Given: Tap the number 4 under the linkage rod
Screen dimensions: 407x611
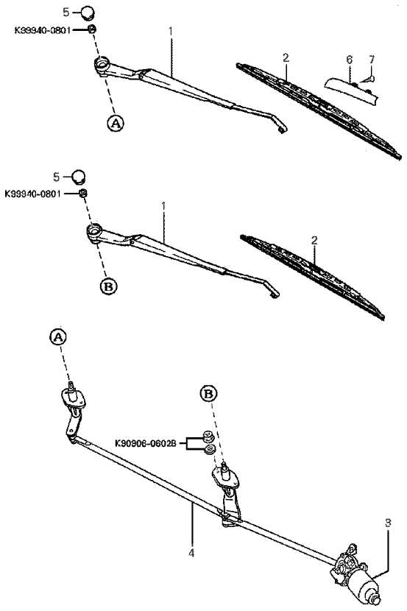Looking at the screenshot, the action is click(x=191, y=553).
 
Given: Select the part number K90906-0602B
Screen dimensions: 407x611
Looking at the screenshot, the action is click(x=146, y=443).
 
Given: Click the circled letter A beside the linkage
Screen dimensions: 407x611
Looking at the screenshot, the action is click(x=57, y=337).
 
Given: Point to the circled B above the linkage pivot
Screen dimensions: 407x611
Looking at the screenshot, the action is click(x=209, y=394).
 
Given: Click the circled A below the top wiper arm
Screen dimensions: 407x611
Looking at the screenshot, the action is click(x=116, y=123).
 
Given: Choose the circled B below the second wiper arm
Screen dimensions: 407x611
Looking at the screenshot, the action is click(x=109, y=286).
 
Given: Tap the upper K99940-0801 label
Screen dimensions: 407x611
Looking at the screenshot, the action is click(x=43, y=29).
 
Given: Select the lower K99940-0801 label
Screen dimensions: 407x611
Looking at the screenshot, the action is click(x=33, y=194).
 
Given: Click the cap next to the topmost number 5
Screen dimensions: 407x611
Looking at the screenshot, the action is click(x=88, y=12).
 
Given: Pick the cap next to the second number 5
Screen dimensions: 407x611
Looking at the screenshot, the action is click(x=78, y=176).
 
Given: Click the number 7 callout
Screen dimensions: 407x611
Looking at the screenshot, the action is click(x=372, y=59).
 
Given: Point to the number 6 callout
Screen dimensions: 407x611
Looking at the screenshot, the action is click(x=350, y=60).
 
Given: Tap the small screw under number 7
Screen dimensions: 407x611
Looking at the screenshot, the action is click(x=367, y=80).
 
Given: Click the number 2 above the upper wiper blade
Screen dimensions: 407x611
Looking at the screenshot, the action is click(x=286, y=58).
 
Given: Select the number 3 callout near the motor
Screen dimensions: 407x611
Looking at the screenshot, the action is click(x=388, y=523).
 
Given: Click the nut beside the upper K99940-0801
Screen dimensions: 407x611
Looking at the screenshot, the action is click(x=91, y=29).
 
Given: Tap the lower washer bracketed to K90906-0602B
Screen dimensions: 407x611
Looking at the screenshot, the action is click(x=210, y=449).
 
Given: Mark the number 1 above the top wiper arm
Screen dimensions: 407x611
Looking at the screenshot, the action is click(x=171, y=31).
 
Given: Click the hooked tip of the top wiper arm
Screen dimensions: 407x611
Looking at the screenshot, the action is click(x=282, y=129).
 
